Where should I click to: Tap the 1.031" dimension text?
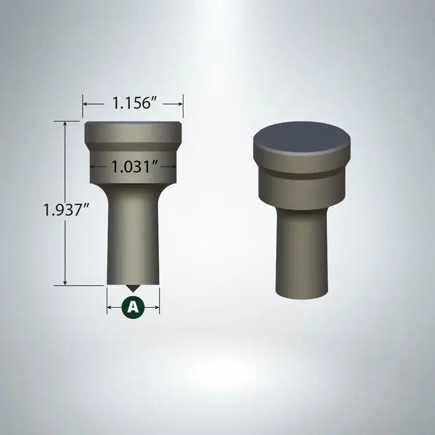[135, 166]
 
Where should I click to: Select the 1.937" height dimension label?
[66, 209]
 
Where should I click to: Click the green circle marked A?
[133, 307]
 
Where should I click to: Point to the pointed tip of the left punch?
[133, 291]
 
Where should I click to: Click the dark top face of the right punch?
[302, 137]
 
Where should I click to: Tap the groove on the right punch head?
[302, 174]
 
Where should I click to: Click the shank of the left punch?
[133, 236]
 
